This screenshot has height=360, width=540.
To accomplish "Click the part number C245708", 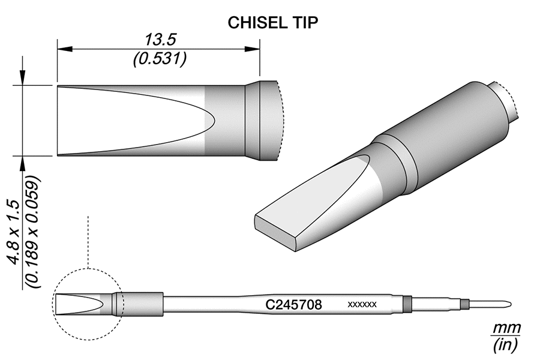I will click(x=294, y=305).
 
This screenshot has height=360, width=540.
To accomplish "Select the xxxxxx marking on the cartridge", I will click(x=362, y=305).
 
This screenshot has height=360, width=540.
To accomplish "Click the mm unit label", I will click(x=506, y=329).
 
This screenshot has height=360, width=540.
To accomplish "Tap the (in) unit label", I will click(x=506, y=346).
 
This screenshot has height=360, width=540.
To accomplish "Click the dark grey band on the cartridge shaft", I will click(x=407, y=304).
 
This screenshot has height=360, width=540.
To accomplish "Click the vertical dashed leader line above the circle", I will click(x=88, y=240).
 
